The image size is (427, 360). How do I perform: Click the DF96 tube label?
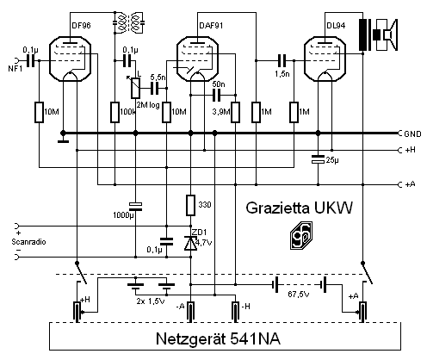tap(81, 26)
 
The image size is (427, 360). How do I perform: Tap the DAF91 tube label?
tap(211, 26)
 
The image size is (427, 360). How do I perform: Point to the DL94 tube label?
tap(336, 26)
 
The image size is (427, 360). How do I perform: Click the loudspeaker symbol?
tap(386, 35)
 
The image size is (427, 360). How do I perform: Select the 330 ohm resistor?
tap(191, 205)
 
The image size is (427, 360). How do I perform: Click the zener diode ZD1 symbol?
tap(190, 244)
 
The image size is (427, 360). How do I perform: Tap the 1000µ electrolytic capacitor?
tap(135, 207)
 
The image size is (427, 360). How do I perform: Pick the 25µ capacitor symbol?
tap(318, 159)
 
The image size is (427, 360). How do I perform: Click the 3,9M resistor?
tap(236, 112)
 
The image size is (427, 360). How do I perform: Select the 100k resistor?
tap(114, 112)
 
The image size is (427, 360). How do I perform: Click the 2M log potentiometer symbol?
tap(135, 88)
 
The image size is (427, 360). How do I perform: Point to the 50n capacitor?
tap(217, 96)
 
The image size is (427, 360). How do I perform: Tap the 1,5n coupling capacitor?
tap(282, 60)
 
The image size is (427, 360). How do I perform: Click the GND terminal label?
tap(412, 134)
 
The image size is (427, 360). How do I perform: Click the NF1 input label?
tap(15, 69)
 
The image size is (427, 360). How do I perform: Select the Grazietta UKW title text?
tap(299, 208)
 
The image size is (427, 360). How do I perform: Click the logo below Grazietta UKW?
tap(300, 235)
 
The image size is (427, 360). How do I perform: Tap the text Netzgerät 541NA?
tap(218, 338)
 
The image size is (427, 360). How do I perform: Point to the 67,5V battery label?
tap(299, 295)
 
